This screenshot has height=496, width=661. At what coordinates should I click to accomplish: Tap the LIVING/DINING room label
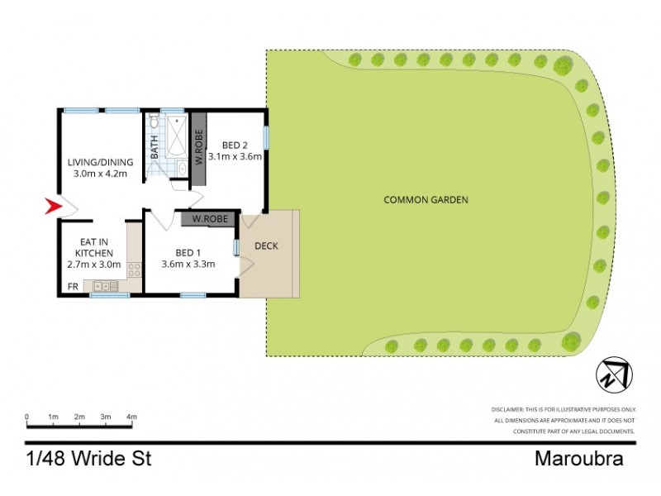click(99, 162)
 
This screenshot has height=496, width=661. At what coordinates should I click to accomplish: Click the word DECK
click(267, 246)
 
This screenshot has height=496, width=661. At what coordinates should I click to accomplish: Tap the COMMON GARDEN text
click(426, 200)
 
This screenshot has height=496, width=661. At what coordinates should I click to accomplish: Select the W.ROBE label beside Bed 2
click(198, 146)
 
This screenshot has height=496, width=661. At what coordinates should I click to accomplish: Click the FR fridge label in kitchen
click(72, 288)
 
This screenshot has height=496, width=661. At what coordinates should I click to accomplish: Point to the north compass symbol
click(612, 376)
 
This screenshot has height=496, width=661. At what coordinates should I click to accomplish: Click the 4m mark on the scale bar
click(131, 416)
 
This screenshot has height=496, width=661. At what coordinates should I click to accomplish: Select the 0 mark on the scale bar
click(27, 416)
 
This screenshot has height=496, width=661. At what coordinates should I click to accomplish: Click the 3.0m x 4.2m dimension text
click(99, 174)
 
